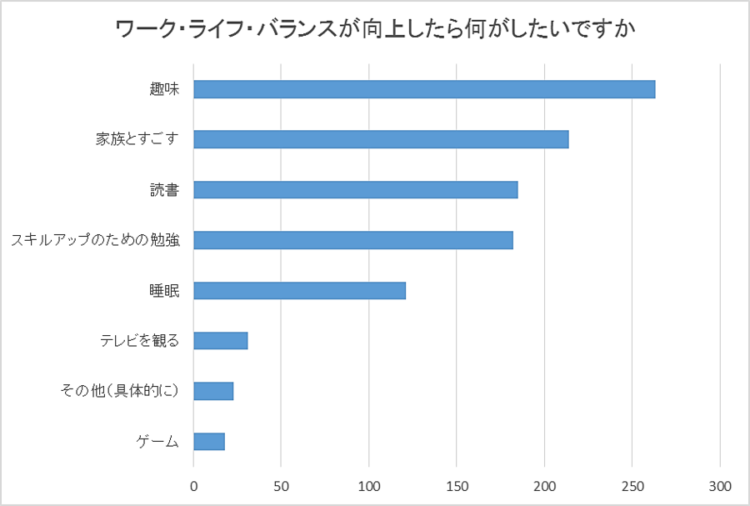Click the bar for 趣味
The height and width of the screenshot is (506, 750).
click(x=424, y=89)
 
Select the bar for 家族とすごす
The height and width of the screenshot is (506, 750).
click(x=381, y=139)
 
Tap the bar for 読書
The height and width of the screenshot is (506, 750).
click(x=356, y=190)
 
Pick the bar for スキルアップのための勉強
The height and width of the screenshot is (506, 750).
click(x=353, y=240)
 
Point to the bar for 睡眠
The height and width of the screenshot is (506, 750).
click(x=299, y=290)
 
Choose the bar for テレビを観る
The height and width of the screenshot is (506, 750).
click(x=221, y=340)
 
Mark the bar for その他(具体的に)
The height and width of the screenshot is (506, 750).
click(x=213, y=391)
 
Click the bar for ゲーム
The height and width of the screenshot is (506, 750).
click(x=209, y=441)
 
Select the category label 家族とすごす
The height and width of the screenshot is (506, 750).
click(x=137, y=139)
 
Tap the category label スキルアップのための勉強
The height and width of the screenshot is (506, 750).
click(x=95, y=241)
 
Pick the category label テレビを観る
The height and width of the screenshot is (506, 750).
click(x=140, y=340)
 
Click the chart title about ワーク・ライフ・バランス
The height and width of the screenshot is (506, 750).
click(x=375, y=30)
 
